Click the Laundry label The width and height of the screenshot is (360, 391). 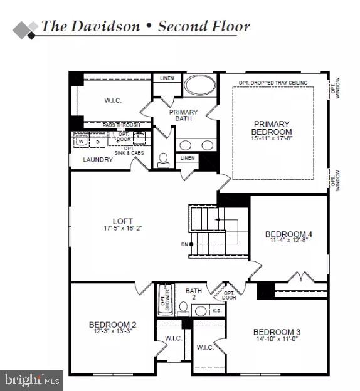pos(98,160)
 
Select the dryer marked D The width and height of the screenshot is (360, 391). pos(97,142)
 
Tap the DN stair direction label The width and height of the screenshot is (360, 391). pos(183,244)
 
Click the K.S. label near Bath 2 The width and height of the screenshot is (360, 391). pos(216,310)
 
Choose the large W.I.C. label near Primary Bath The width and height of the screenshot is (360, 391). pos(112,100)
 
